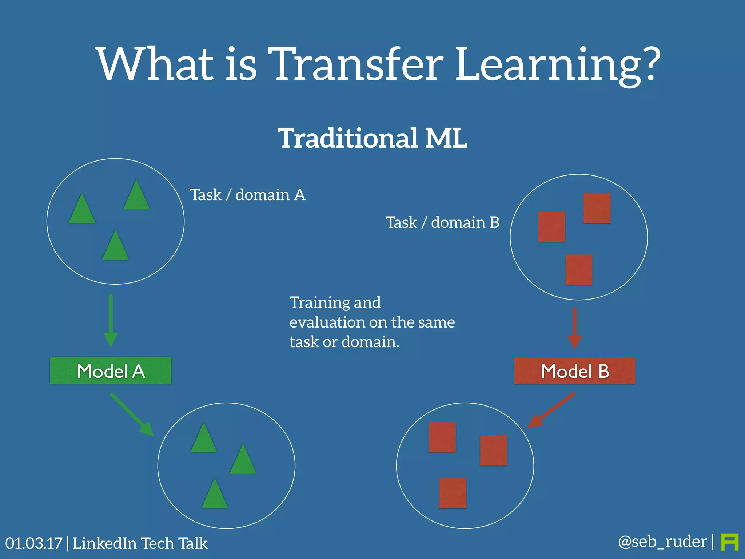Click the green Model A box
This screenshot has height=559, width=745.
click(x=111, y=370)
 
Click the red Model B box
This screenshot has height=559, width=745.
click(x=574, y=370)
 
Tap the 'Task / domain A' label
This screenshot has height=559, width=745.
click(x=248, y=195)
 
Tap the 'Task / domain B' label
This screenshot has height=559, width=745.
click(x=442, y=222)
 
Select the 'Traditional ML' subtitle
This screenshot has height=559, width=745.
click(x=372, y=138)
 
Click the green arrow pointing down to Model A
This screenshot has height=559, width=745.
click(x=111, y=320)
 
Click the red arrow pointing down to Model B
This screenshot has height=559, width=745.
click(x=574, y=328)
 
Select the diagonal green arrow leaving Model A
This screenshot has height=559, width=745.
click(x=132, y=414)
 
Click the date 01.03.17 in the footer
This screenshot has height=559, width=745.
click(x=34, y=543)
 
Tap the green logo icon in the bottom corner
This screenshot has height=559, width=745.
click(x=729, y=542)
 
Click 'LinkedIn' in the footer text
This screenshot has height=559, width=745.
click(x=104, y=543)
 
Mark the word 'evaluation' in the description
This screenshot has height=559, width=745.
click(x=327, y=322)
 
